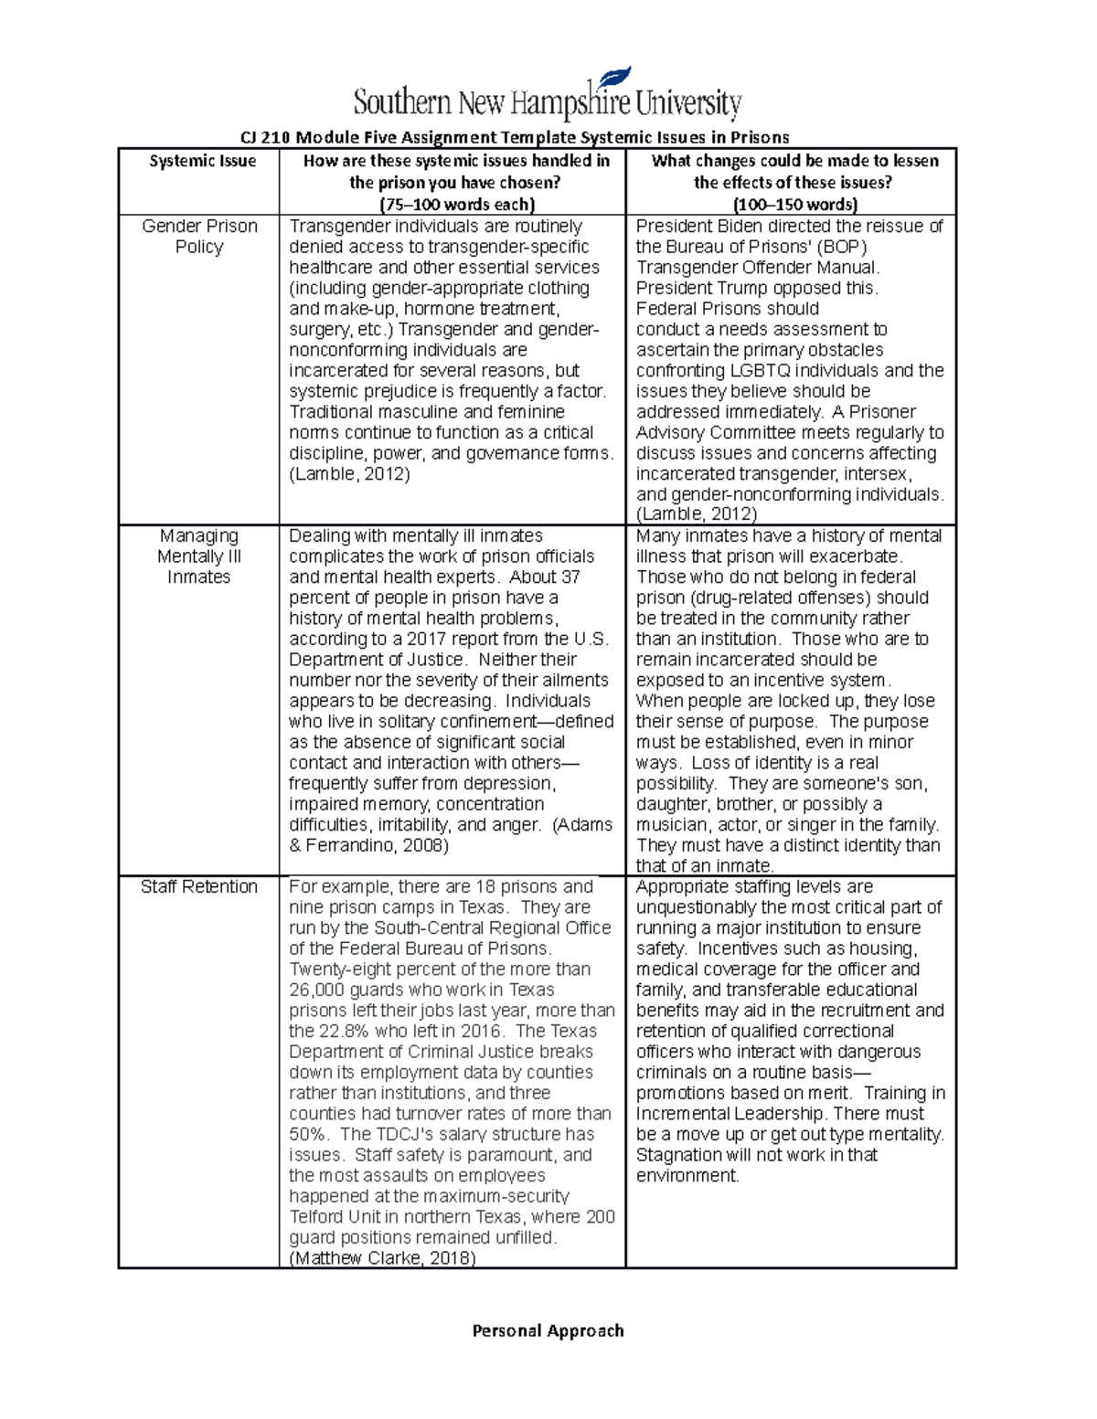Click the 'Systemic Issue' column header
coord(202,162)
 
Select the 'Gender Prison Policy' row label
coord(199,237)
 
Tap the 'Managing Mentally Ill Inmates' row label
coord(198,556)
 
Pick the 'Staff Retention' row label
coord(198,887)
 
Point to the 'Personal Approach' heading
coord(548,1330)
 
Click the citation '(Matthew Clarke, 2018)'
coord(382,1258)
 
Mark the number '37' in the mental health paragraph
coord(570,577)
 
